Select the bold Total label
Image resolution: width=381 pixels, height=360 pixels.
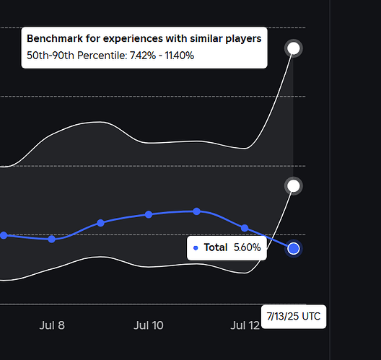click(216, 247)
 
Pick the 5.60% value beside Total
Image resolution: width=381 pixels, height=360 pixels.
click(247, 247)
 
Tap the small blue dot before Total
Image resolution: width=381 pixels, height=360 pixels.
click(196, 248)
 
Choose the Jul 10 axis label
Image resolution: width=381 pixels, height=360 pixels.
click(149, 325)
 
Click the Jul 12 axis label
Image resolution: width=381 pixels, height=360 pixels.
click(245, 325)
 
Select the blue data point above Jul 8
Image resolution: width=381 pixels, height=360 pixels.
click(52, 239)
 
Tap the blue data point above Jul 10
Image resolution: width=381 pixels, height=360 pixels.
click(149, 214)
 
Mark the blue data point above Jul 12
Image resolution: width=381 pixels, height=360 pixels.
click(245, 228)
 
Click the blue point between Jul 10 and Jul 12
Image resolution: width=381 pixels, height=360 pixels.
click(197, 211)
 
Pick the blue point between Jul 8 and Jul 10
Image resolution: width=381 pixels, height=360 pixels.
click(100, 223)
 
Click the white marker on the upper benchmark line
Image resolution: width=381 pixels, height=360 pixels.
click(294, 48)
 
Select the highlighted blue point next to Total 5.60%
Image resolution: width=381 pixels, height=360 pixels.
click(294, 248)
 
